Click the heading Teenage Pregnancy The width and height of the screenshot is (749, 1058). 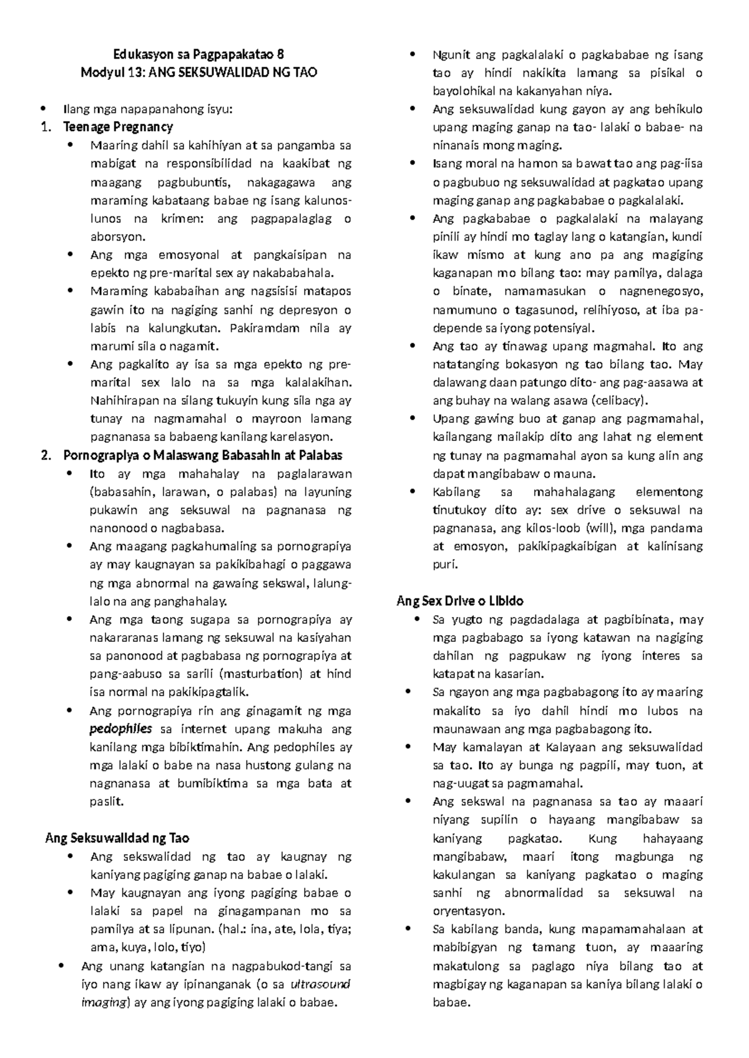[x=118, y=127]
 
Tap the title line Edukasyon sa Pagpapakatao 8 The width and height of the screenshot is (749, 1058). [x=198, y=54]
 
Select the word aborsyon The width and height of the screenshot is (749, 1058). [x=117, y=237]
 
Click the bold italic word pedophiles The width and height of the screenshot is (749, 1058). [x=120, y=729]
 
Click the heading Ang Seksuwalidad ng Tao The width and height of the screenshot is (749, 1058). [x=117, y=838]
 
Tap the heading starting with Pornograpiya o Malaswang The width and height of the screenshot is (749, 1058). [x=203, y=455]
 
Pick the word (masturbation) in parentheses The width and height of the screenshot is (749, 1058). [x=262, y=674]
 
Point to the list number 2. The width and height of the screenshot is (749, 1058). [x=44, y=455]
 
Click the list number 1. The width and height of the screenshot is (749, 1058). [x=44, y=127]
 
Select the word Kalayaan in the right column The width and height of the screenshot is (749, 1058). [x=570, y=747]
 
